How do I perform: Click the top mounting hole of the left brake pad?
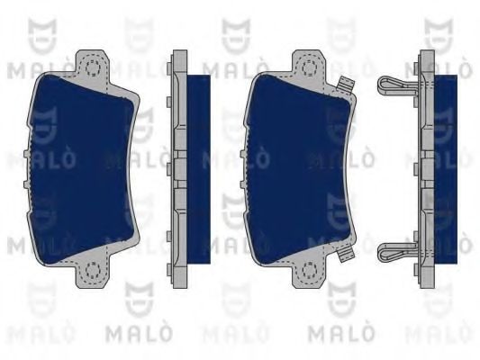point(93,67)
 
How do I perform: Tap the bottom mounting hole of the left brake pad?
point(93,270)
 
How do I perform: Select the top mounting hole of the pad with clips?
point(310,67)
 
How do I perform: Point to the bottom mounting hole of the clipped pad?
point(310,270)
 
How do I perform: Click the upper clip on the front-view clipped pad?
point(346,85)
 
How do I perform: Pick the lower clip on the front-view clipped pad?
point(346,253)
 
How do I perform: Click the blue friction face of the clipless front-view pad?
point(81,169)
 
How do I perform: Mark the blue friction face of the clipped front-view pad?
point(298,169)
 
